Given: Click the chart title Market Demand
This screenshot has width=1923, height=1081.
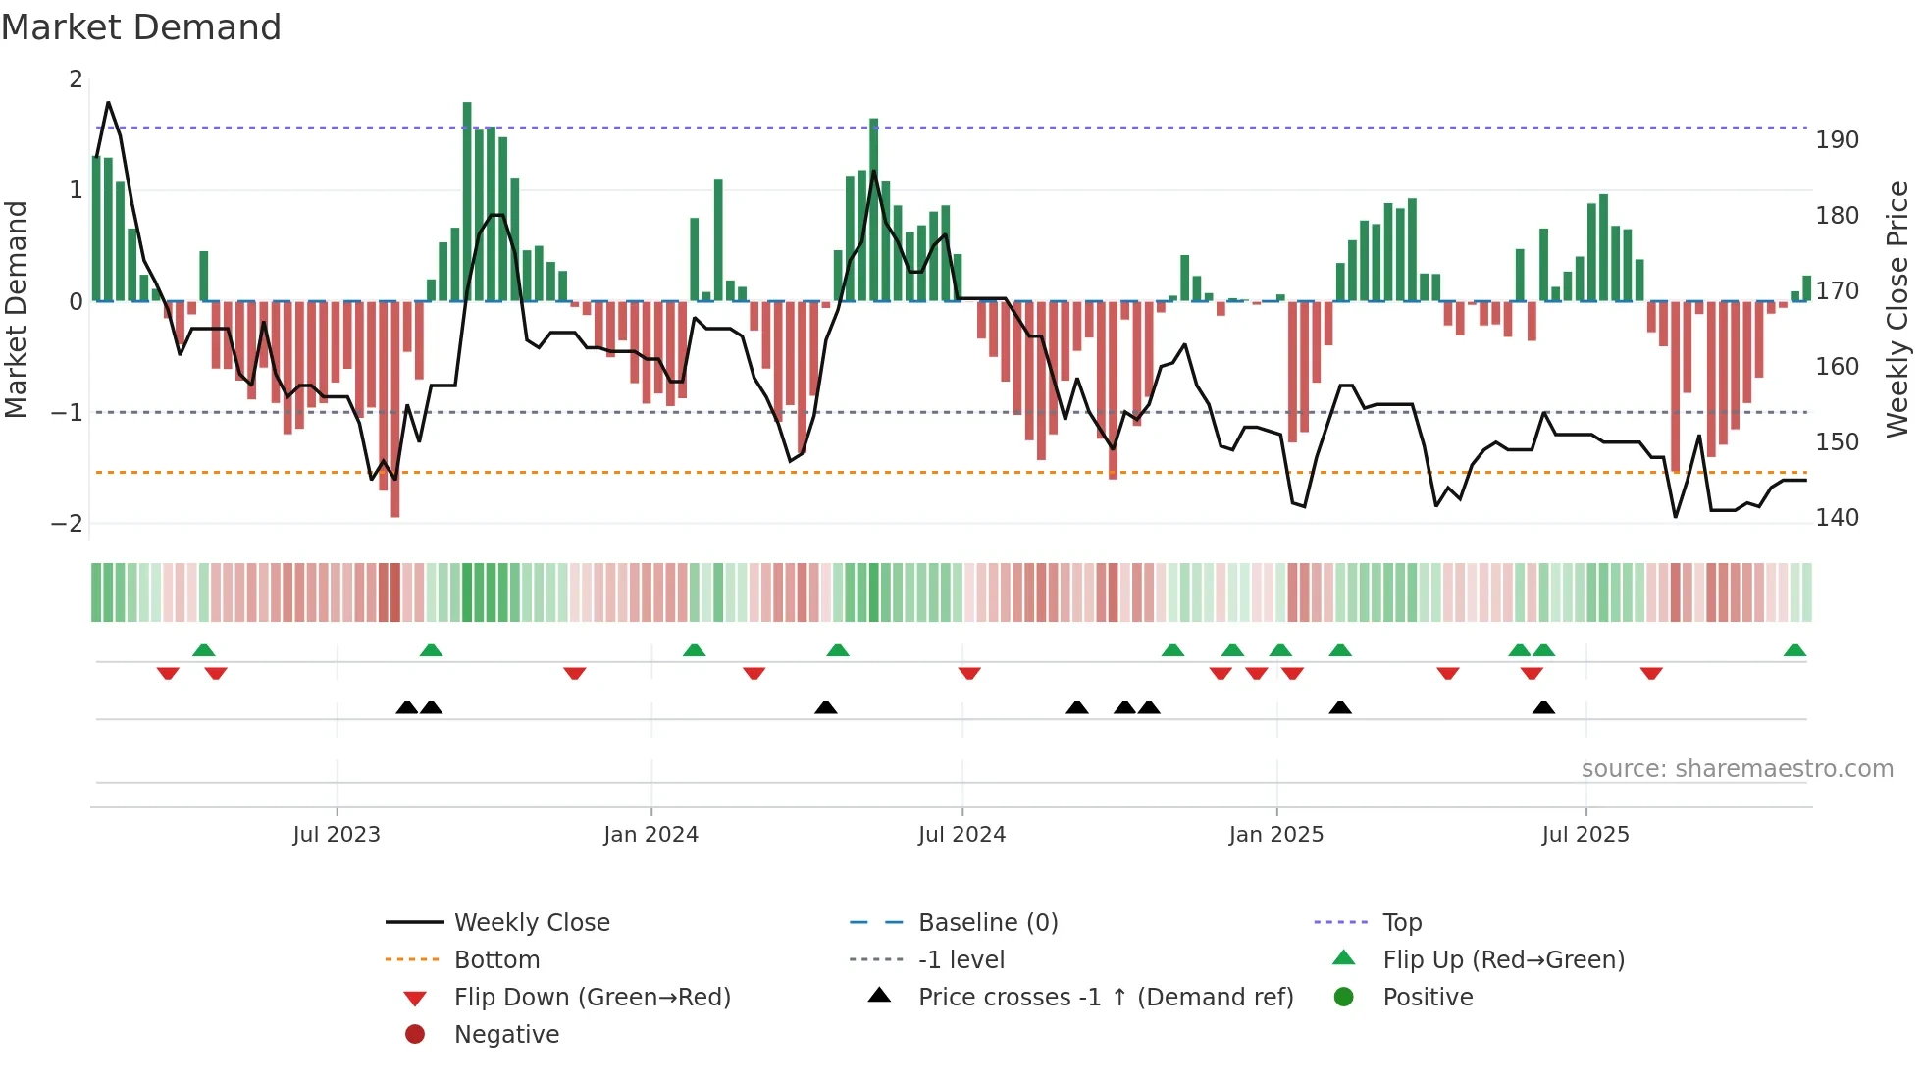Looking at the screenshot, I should point(141,26).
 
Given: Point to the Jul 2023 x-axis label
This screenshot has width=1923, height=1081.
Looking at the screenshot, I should point(337,835).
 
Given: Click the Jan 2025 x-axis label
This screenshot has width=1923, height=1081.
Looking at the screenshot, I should point(1275,835).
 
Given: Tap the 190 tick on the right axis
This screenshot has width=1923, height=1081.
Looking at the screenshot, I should point(1837,140).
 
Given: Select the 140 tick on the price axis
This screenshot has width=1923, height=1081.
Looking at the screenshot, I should point(1837,518).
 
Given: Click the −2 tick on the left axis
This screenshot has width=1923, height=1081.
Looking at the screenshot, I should point(68,523).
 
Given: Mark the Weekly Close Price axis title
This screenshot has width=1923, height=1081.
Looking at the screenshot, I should point(1897,309).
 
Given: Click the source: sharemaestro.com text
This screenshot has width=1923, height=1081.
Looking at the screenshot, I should point(1737,769).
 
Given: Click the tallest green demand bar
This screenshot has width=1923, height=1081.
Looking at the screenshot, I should point(467,201).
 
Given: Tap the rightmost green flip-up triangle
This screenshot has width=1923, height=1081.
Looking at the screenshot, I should point(1794,650).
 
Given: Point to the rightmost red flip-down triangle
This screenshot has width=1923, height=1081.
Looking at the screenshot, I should point(1651,673).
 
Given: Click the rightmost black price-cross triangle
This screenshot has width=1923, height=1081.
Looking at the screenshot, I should point(1543,707).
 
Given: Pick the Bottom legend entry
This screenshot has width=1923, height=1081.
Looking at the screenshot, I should point(496,959).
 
